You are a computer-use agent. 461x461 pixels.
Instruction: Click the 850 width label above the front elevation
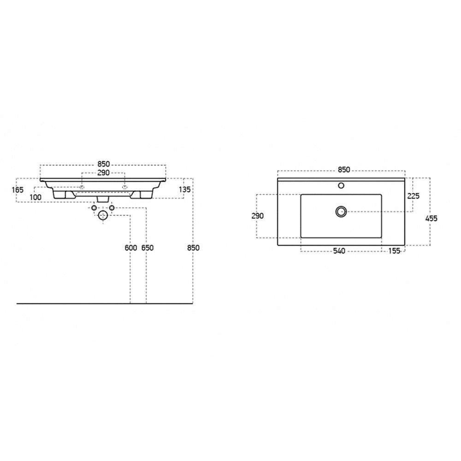point(103,164)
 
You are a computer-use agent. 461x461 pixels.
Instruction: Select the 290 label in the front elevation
point(103,172)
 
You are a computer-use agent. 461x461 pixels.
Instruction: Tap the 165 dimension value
point(18,190)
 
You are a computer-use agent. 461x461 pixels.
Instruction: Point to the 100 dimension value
point(35,197)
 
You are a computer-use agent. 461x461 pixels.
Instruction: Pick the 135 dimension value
point(185,189)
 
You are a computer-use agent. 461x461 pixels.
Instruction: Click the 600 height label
point(131,248)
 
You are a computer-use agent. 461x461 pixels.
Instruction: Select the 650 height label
point(148,248)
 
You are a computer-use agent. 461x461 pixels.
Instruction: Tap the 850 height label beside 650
point(193,248)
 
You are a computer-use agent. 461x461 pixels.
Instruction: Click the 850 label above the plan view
point(344,170)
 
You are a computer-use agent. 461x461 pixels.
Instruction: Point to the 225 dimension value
point(414,196)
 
